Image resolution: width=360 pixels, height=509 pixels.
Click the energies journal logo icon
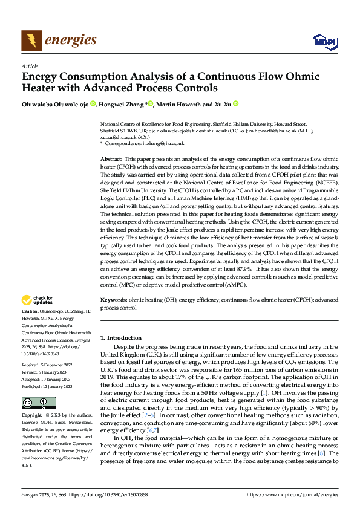(x=31, y=41)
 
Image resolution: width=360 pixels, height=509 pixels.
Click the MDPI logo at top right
(x=324, y=41)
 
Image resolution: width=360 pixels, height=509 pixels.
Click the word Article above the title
(x=30, y=66)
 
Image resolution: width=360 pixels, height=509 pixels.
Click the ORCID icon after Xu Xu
(x=236, y=104)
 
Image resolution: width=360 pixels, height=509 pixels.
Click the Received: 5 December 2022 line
(x=47, y=366)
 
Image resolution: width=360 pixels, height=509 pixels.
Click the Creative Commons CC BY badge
(x=38, y=403)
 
